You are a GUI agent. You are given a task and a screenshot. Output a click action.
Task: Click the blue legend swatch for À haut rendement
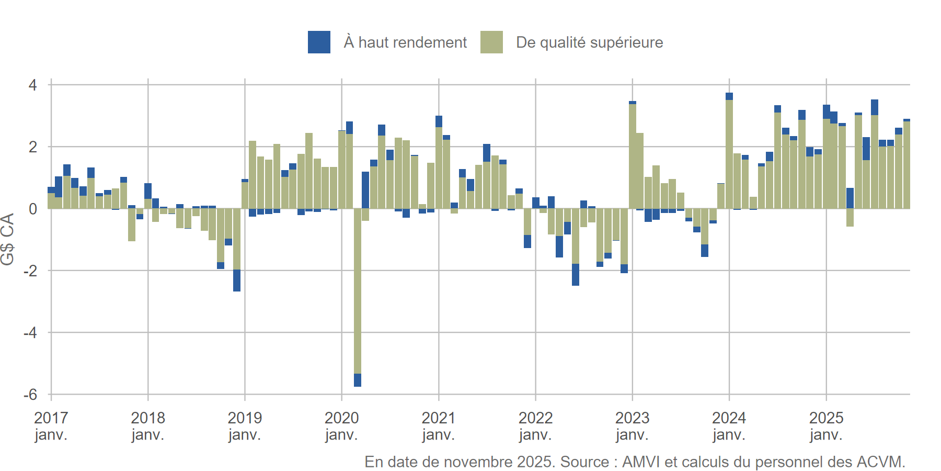[319, 42]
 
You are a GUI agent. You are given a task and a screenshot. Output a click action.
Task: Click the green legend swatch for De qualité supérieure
[491, 42]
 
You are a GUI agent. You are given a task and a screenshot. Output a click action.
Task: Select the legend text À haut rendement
[405, 42]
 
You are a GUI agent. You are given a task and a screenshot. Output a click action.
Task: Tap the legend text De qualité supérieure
[589, 42]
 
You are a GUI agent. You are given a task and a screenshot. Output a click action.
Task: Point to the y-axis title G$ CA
[8, 239]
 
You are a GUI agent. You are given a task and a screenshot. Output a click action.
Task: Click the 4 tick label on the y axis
[33, 85]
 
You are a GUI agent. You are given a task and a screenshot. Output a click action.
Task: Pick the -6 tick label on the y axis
[30, 395]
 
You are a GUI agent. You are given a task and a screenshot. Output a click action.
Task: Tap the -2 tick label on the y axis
[30, 271]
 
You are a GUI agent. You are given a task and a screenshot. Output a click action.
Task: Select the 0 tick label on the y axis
[33, 209]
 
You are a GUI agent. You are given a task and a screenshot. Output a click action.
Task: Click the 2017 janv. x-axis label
[51, 426]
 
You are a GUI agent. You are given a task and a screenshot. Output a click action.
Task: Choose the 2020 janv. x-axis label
[341, 426]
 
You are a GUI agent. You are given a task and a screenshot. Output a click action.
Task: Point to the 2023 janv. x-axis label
[632, 426]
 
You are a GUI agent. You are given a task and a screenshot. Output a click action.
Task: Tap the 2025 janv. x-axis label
[826, 426]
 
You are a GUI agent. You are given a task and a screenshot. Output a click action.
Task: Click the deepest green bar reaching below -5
[358, 288]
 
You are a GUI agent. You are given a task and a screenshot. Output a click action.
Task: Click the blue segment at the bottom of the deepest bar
[358, 380]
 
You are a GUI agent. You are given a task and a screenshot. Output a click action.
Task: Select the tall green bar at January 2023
[633, 157]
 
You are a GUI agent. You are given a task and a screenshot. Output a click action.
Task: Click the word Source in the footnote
[584, 462]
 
